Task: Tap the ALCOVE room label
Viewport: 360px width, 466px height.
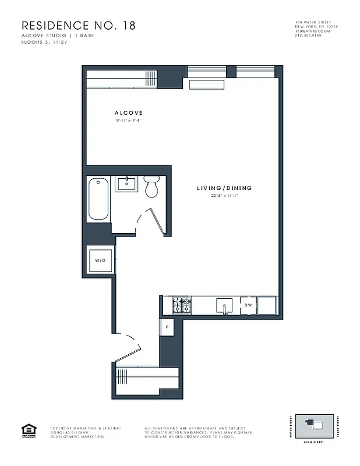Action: pyautogui.click(x=129, y=113)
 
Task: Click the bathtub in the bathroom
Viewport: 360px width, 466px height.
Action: pyautogui.click(x=98, y=199)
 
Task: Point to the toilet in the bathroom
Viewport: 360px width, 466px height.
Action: pyautogui.click(x=151, y=186)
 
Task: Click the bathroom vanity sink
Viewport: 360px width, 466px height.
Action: pyautogui.click(x=126, y=184)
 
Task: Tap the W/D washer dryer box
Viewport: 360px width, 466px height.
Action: pyautogui.click(x=100, y=260)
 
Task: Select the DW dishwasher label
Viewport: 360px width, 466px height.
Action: pyautogui.click(x=248, y=305)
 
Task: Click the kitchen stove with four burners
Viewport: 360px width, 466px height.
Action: pyautogui.click(x=182, y=305)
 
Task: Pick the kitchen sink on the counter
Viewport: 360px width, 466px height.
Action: pyautogui.click(x=224, y=305)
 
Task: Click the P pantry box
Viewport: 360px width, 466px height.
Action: pyautogui.click(x=167, y=327)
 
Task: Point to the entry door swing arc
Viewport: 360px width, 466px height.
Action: pyautogui.click(x=129, y=345)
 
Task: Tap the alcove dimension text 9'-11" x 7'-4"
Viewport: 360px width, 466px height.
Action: pyautogui.click(x=129, y=121)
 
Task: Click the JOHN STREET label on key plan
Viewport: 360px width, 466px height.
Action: pyautogui.click(x=315, y=442)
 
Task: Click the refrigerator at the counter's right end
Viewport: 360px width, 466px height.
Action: pyautogui.click(x=267, y=305)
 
